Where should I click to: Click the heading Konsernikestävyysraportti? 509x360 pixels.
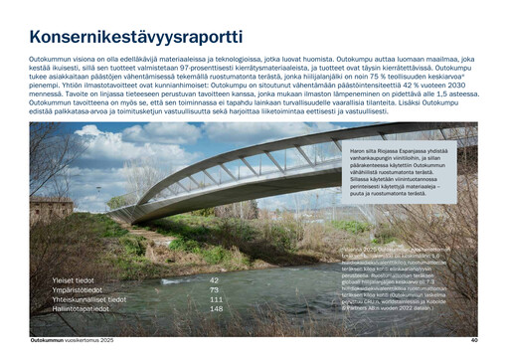coord(135,38)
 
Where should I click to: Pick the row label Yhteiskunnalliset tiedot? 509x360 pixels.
coord(89,299)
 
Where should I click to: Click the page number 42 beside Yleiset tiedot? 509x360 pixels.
coord(214,280)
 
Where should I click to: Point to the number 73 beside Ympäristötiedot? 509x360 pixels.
coord(214,290)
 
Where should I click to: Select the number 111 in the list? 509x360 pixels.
coord(216,299)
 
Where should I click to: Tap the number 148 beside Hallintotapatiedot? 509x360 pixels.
coord(216,308)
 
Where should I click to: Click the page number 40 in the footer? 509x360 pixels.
coord(474,341)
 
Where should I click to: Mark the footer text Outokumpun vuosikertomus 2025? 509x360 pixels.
coord(74,341)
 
